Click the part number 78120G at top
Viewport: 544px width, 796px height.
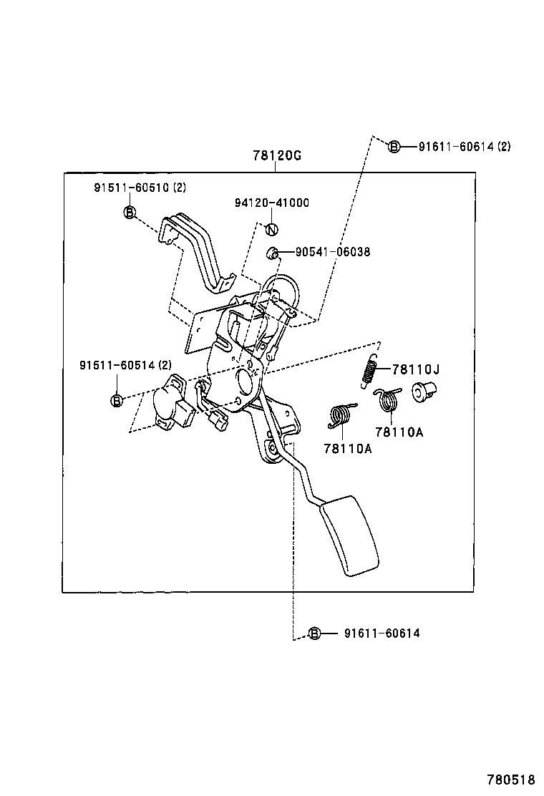276,155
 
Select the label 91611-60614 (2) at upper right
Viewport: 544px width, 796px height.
465,147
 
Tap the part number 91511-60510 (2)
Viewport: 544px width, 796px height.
139,188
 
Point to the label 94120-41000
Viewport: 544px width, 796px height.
271,203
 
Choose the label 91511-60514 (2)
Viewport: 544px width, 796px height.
125,365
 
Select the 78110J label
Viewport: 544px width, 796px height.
415,369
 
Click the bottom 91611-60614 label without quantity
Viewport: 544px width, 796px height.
382,633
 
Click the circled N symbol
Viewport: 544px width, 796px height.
271,229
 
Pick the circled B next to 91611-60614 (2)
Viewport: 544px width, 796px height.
394,147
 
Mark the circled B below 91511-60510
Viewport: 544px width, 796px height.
130,212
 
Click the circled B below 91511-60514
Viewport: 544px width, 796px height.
117,400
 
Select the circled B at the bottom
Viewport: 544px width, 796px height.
314,633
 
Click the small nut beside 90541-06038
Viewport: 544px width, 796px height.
271,252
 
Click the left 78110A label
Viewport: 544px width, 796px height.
347,449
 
